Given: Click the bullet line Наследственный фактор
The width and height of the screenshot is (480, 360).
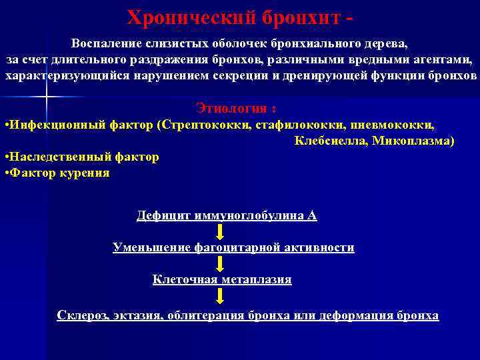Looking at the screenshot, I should click(83, 157).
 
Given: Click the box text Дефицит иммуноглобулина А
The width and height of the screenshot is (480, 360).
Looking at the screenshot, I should click(227, 215).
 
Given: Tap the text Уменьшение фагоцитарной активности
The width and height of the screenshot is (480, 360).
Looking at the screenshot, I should click(233, 247).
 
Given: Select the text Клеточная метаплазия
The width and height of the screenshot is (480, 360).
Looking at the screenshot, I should click(222, 279).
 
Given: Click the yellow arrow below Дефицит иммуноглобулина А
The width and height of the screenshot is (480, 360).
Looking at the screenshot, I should click(220, 231).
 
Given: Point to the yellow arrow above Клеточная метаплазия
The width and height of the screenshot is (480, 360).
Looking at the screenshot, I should click(220, 263).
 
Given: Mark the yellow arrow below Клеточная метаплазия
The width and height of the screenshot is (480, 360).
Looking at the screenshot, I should click(220, 295).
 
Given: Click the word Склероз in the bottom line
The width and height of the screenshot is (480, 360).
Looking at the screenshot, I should click(83, 315).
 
